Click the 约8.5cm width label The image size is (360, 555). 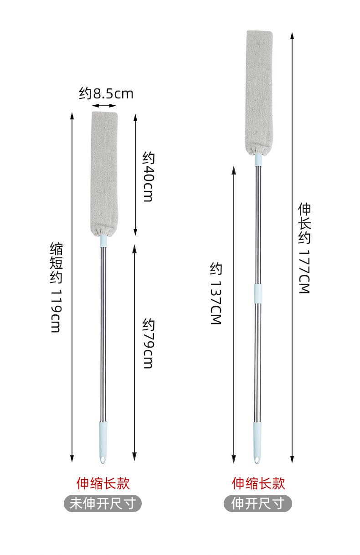coord(106,94)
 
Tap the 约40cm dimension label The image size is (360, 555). coord(149,177)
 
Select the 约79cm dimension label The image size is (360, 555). coord(149,344)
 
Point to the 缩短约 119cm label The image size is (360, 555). coord(56,288)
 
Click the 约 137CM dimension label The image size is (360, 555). coord(216,293)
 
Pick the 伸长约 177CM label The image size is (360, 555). coord(304,248)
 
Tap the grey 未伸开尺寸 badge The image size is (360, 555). coord(103,503)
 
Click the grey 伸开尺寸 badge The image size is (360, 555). coord(257,503)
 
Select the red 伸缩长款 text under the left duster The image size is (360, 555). coord(103,483)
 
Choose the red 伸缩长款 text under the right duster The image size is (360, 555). coord(258,483)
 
